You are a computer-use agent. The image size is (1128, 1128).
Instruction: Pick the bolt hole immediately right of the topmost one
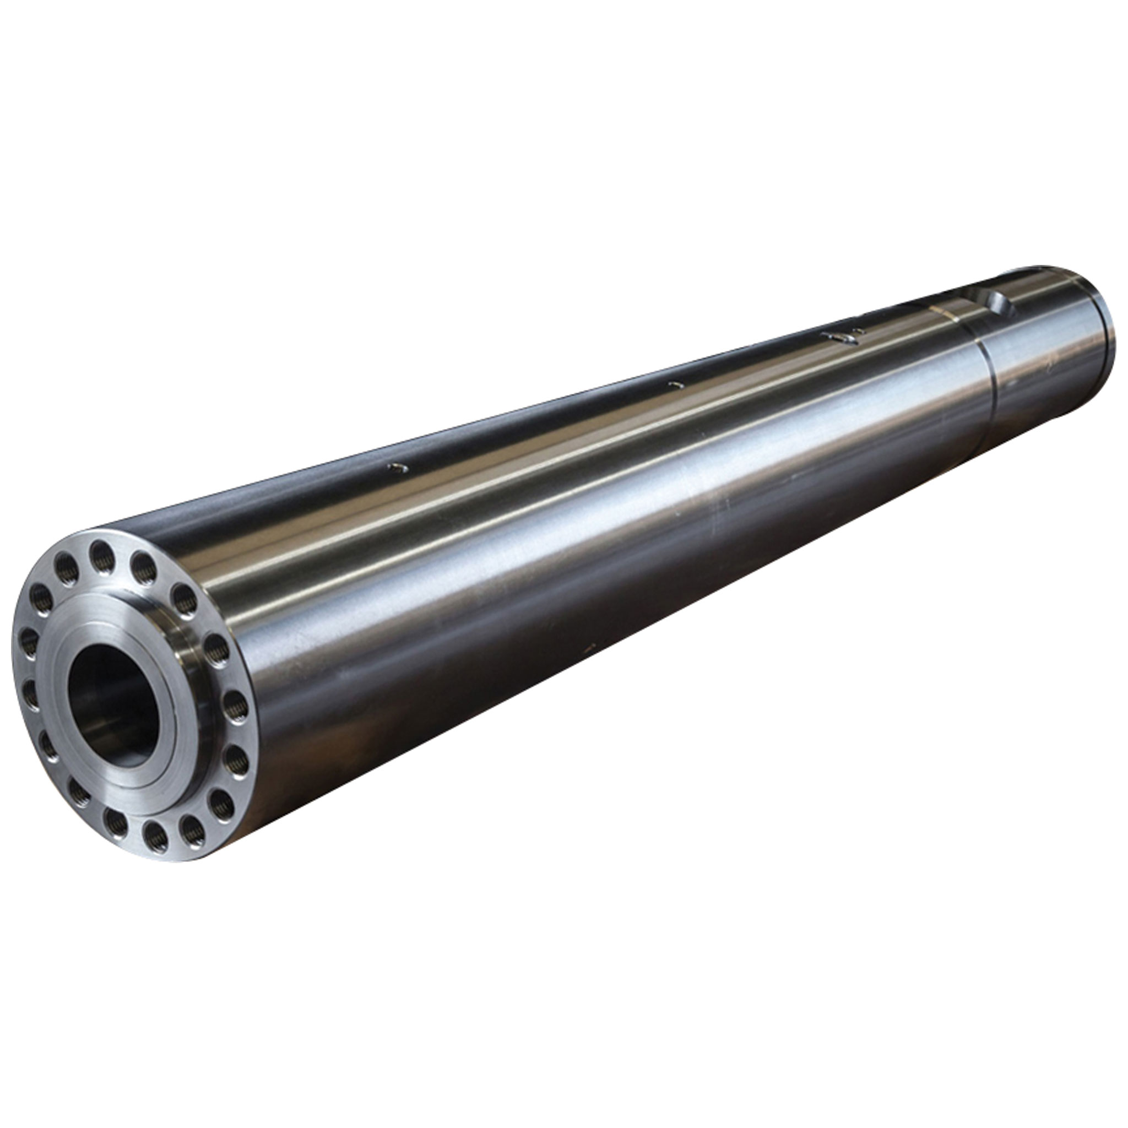[x=143, y=567]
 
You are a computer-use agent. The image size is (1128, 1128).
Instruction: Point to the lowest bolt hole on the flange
[x=155, y=836]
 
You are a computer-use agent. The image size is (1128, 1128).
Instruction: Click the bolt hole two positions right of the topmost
[x=184, y=600]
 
